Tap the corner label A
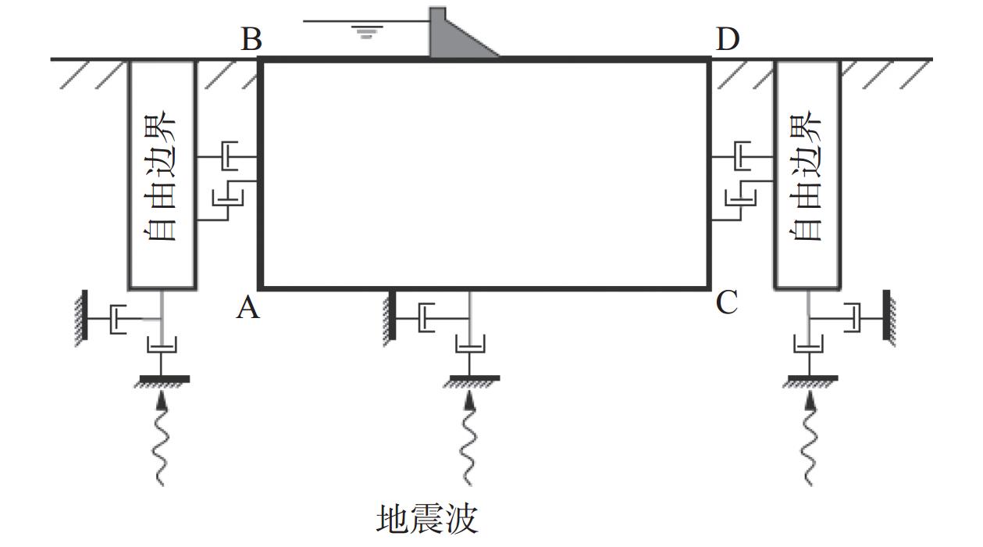pos(248,306)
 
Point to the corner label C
pos(727,302)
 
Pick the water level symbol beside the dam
pos(366,31)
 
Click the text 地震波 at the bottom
pos(427,520)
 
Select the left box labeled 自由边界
pos(162,175)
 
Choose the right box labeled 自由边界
pos(807,175)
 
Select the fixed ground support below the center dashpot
pos(472,381)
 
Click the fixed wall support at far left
pos(82,318)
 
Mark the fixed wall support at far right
pos(889,318)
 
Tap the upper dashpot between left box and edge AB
pos(229,156)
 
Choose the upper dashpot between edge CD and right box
pos(742,156)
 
